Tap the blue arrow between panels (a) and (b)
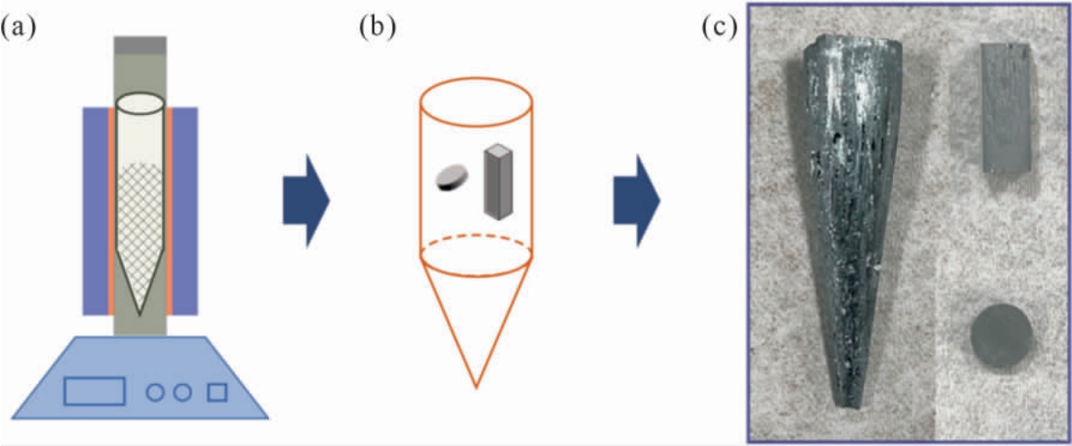[x=307, y=201]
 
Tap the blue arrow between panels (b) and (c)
[x=637, y=201]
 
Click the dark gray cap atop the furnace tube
[x=140, y=45]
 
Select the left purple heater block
[x=95, y=210]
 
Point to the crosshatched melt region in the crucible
[x=140, y=226]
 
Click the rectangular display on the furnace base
[x=94, y=390]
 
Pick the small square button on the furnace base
[x=218, y=392]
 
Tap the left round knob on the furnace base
[x=156, y=392]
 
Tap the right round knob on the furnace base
[x=182, y=392]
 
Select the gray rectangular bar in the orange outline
[x=498, y=182]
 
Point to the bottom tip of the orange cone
[x=477, y=388]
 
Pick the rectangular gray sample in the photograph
[x=1005, y=108]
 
